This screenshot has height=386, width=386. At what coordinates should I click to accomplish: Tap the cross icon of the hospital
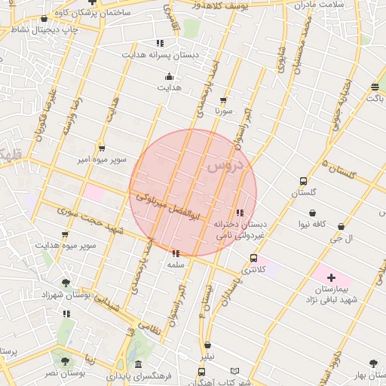(x=331, y=278)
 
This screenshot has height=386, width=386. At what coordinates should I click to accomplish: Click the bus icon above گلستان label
(x=303, y=182)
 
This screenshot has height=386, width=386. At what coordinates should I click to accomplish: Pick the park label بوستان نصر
(x=65, y=373)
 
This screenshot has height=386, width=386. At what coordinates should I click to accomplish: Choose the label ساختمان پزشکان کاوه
(x=87, y=13)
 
